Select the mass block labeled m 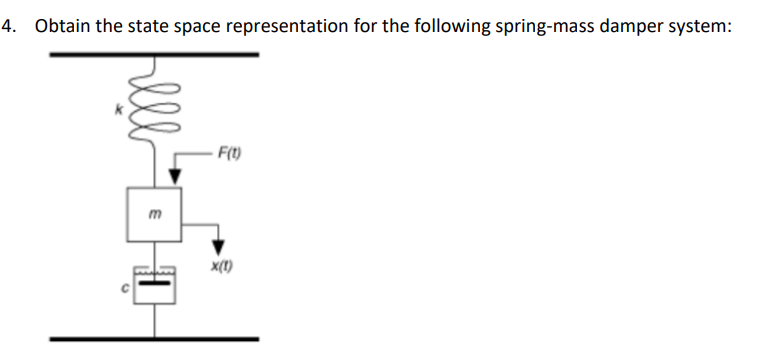(x=153, y=212)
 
